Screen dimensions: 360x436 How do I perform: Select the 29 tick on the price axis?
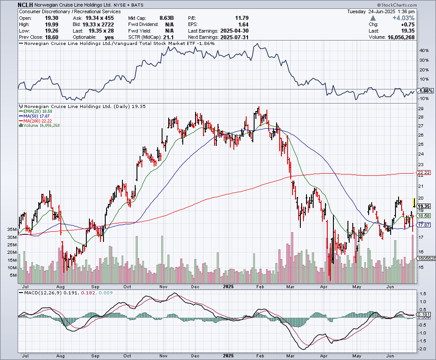click(x=421, y=108)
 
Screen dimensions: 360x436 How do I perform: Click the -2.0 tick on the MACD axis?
click(x=422, y=349)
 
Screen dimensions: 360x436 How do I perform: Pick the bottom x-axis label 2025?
click(x=228, y=355)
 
